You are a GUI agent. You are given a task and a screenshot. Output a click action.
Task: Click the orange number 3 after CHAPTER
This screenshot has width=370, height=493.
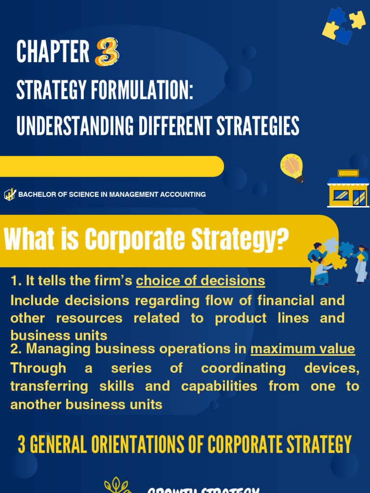(x=107, y=52)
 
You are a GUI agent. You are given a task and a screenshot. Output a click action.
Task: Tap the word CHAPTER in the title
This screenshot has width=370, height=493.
(x=53, y=52)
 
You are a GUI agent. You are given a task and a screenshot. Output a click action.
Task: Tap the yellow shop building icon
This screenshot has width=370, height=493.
(x=348, y=189)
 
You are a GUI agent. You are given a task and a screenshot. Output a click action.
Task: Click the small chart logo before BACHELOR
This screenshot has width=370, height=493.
(x=10, y=195)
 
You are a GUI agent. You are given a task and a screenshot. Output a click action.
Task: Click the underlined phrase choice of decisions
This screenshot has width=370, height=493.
(x=200, y=281)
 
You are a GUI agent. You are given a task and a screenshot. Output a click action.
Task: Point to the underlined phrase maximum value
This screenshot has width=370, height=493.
(x=303, y=349)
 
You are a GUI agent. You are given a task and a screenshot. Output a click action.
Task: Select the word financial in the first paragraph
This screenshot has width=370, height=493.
(x=286, y=300)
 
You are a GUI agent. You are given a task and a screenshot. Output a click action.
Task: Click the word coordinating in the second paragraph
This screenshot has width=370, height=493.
(x=243, y=368)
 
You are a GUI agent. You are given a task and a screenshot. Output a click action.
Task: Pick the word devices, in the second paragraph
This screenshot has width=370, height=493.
(x=331, y=368)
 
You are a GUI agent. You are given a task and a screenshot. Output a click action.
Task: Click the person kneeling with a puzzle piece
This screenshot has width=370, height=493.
(x=321, y=272)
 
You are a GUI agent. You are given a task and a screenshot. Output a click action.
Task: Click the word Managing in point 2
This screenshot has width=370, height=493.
(x=53, y=349)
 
